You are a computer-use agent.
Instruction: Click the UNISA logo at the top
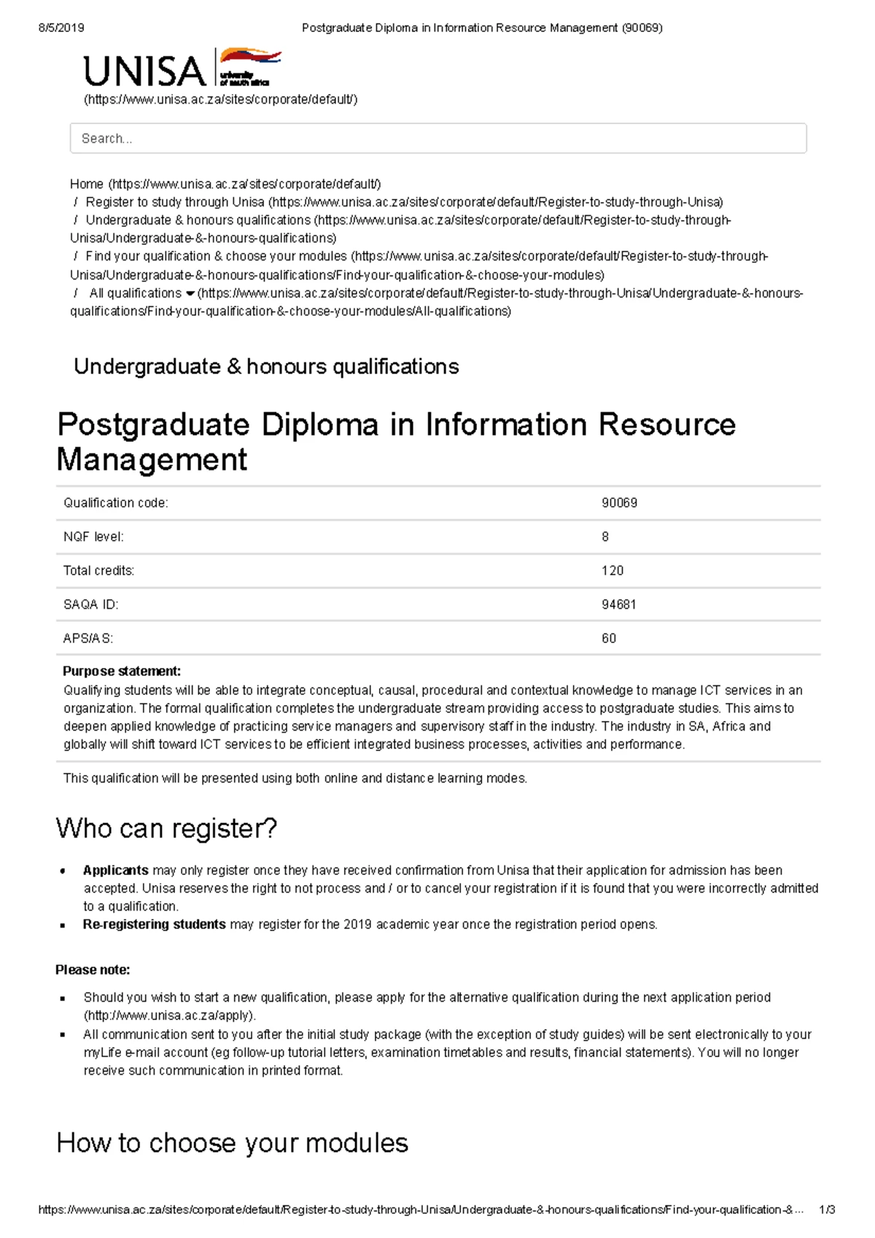coord(182,70)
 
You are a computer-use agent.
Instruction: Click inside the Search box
coord(437,139)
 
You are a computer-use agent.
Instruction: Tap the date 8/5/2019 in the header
coord(61,28)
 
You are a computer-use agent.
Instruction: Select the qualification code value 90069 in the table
coord(619,503)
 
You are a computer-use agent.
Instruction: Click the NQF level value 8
coord(605,537)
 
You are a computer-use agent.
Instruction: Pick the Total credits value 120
coord(612,571)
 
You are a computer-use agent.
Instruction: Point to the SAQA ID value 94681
coord(618,604)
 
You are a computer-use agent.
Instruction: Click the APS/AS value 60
coord(609,639)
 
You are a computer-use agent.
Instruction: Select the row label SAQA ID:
coord(90,604)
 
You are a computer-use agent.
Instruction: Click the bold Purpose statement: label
coord(122,671)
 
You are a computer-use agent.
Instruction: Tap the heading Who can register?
coord(166,829)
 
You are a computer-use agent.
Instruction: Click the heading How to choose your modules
coord(232,1143)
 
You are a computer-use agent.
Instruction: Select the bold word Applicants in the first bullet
coord(115,871)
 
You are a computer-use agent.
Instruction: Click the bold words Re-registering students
coord(154,924)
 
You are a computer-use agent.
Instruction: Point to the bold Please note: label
coord(93,970)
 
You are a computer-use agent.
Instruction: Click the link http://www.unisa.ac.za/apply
coord(170,1016)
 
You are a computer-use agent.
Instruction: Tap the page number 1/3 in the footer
coord(827,1210)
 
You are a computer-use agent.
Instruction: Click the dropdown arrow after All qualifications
coord(190,294)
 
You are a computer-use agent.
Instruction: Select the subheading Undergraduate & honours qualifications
coord(266,367)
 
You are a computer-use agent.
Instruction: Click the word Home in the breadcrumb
coord(87,184)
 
